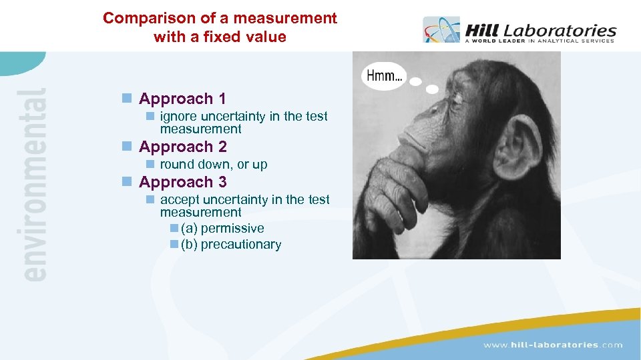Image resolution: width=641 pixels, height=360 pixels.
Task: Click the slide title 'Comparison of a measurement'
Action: [220, 19]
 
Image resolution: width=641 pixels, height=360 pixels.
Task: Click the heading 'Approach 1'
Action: [182, 99]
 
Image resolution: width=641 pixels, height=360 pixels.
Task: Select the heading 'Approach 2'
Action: [182, 147]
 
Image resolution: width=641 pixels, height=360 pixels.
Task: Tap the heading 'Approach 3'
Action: [182, 182]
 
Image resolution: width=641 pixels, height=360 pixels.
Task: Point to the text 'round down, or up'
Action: [213, 165]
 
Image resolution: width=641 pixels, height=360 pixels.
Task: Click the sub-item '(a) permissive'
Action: [222, 229]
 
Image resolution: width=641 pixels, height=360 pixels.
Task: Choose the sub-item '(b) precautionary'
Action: [231, 245]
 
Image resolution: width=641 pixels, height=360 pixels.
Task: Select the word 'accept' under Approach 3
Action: [180, 200]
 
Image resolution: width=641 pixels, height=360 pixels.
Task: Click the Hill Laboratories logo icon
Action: [441, 30]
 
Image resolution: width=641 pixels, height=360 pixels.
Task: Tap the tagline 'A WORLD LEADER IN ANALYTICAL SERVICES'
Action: [539, 41]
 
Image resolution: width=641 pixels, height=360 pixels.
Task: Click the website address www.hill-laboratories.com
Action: [552, 345]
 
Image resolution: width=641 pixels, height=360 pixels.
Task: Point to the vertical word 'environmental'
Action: [33, 183]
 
